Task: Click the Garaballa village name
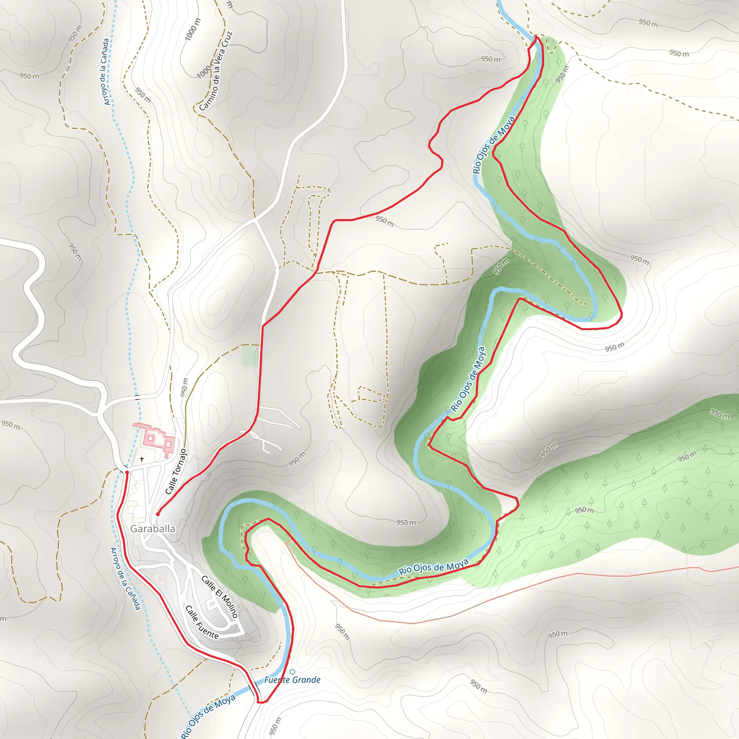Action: [153, 529]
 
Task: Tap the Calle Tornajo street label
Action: [176, 471]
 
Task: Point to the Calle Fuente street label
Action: [202, 622]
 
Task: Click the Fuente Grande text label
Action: [292, 680]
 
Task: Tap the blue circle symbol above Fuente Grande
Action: [292, 672]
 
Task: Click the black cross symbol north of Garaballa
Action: [142, 459]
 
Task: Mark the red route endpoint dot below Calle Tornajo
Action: [158, 515]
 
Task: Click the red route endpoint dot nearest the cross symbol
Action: [127, 472]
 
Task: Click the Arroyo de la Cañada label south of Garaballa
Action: [126, 578]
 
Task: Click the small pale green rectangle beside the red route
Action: [249, 356]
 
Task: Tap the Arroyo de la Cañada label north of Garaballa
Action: [106, 71]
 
